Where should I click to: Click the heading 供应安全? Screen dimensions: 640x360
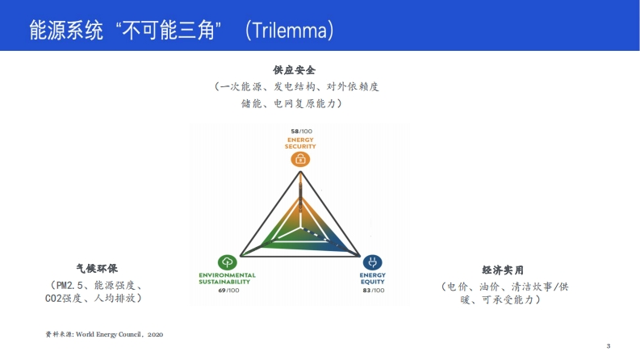pos(295,70)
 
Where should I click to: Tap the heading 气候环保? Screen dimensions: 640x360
pos(97,269)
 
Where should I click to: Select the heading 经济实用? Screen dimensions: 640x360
pos(503,270)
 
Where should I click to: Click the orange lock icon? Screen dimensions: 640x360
pos(300,159)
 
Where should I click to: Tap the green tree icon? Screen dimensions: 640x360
pos(228,262)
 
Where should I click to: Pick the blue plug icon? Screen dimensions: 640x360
pos(372,262)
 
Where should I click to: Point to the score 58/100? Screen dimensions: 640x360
pos(301,132)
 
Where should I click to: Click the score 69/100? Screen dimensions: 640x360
pos(228,291)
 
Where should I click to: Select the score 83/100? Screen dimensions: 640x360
pos(374,291)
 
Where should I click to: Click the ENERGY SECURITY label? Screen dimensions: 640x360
pos(300,143)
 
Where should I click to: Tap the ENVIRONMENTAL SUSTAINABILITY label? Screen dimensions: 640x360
pos(227,278)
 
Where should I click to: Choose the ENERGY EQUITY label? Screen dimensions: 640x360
pos(373,278)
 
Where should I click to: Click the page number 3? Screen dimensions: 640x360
pos(609,346)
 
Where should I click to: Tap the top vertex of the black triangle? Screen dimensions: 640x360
pos(301,172)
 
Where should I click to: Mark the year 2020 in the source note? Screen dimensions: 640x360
pos(155,335)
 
